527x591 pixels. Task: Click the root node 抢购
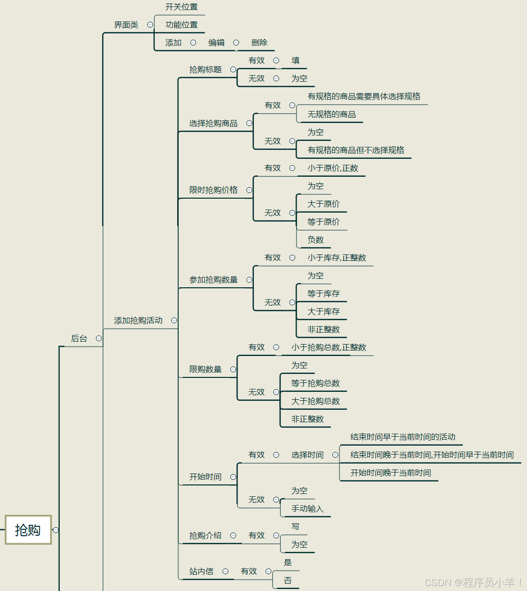pos(28,530)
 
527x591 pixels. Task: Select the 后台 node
pos(79,339)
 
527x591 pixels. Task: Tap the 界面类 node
pos(126,25)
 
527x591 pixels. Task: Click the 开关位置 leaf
pos(182,7)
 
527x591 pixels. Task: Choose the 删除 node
pos(259,43)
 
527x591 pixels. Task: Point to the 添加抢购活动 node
pos(138,321)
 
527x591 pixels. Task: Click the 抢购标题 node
pos(206,70)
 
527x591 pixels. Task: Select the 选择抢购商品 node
pos(213,123)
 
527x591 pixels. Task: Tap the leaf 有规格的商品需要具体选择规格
pos(364,97)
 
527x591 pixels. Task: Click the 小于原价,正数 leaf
pos(332,168)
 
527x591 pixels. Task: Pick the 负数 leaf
pos(316,240)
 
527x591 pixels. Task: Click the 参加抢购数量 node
pos(213,280)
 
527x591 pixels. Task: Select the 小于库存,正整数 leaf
pos(336,258)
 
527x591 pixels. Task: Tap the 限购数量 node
pos(206,369)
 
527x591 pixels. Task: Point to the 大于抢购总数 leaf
pos(316,401)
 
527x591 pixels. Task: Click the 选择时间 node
pos(308,455)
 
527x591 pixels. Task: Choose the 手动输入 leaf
pos(308,509)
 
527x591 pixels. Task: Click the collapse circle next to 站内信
pos(225,572)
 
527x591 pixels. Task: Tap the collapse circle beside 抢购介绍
pos(233,536)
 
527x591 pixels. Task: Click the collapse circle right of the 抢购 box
pos(56,530)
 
